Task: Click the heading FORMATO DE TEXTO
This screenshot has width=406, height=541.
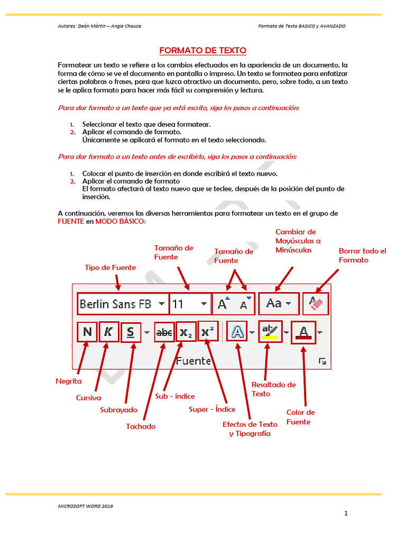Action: (203, 51)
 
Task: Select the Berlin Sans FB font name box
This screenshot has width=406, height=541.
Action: (116, 304)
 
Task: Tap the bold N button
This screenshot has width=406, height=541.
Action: (87, 332)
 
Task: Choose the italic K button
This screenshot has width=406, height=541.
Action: (109, 332)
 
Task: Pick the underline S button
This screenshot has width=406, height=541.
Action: (131, 333)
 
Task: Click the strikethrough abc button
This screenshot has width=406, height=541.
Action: (164, 333)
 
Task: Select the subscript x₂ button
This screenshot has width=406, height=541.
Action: (186, 333)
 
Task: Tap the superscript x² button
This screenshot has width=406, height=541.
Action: (208, 332)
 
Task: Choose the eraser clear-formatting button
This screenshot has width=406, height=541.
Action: (316, 303)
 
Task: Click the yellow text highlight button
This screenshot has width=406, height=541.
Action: (271, 332)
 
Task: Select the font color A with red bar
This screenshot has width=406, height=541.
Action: (303, 332)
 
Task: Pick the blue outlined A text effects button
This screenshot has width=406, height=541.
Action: (237, 332)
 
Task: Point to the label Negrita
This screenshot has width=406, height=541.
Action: (69, 381)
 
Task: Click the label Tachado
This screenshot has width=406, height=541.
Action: (141, 426)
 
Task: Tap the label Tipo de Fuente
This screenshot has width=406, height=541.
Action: (110, 267)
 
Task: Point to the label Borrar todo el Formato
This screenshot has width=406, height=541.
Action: (362, 256)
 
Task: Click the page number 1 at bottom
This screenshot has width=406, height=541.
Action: (346, 512)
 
